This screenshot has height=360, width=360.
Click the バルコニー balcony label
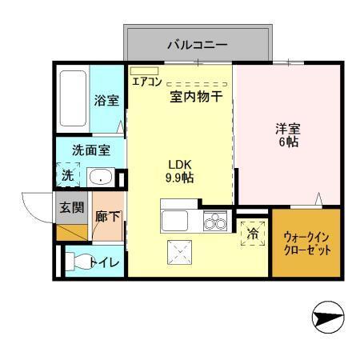point(196,45)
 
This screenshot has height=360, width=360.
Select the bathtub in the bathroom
point(73,99)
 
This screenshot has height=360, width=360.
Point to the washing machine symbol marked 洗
point(68,176)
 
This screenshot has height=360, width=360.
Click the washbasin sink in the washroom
point(100,178)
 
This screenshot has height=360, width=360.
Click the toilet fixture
point(79,260)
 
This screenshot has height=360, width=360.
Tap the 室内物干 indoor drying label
point(195,98)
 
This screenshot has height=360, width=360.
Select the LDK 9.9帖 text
point(180,170)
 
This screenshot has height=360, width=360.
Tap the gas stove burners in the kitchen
point(214,221)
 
